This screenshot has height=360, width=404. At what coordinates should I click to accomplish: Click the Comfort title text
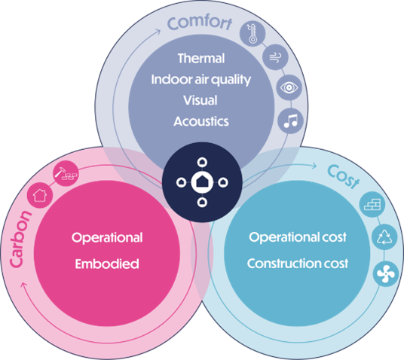point(200,23)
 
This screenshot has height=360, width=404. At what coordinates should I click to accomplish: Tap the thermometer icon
point(252,34)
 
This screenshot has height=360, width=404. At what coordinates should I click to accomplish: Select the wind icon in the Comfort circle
point(275,57)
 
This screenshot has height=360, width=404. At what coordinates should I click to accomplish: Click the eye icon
point(289,87)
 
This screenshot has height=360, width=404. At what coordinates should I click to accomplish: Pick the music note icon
point(290,121)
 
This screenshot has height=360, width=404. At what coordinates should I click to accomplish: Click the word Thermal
point(201,58)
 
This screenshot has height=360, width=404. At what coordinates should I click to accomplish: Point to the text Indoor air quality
point(201,80)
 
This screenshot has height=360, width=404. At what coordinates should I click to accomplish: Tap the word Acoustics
point(201,121)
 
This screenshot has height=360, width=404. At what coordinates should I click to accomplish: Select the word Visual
point(200,100)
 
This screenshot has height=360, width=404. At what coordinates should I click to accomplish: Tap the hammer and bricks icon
point(66,173)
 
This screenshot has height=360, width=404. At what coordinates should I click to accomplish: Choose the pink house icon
point(40,195)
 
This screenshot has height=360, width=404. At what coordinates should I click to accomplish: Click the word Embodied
point(107,264)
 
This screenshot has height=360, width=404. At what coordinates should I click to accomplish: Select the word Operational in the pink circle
point(107,238)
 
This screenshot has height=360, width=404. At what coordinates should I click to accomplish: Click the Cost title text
point(344,177)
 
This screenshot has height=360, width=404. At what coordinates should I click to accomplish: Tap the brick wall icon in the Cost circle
point(372,204)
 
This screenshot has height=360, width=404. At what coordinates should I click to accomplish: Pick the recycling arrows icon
point(384,237)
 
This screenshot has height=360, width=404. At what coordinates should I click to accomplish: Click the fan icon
point(386,274)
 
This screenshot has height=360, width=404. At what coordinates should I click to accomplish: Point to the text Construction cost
point(298,264)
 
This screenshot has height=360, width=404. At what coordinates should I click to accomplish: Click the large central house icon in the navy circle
point(202,182)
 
